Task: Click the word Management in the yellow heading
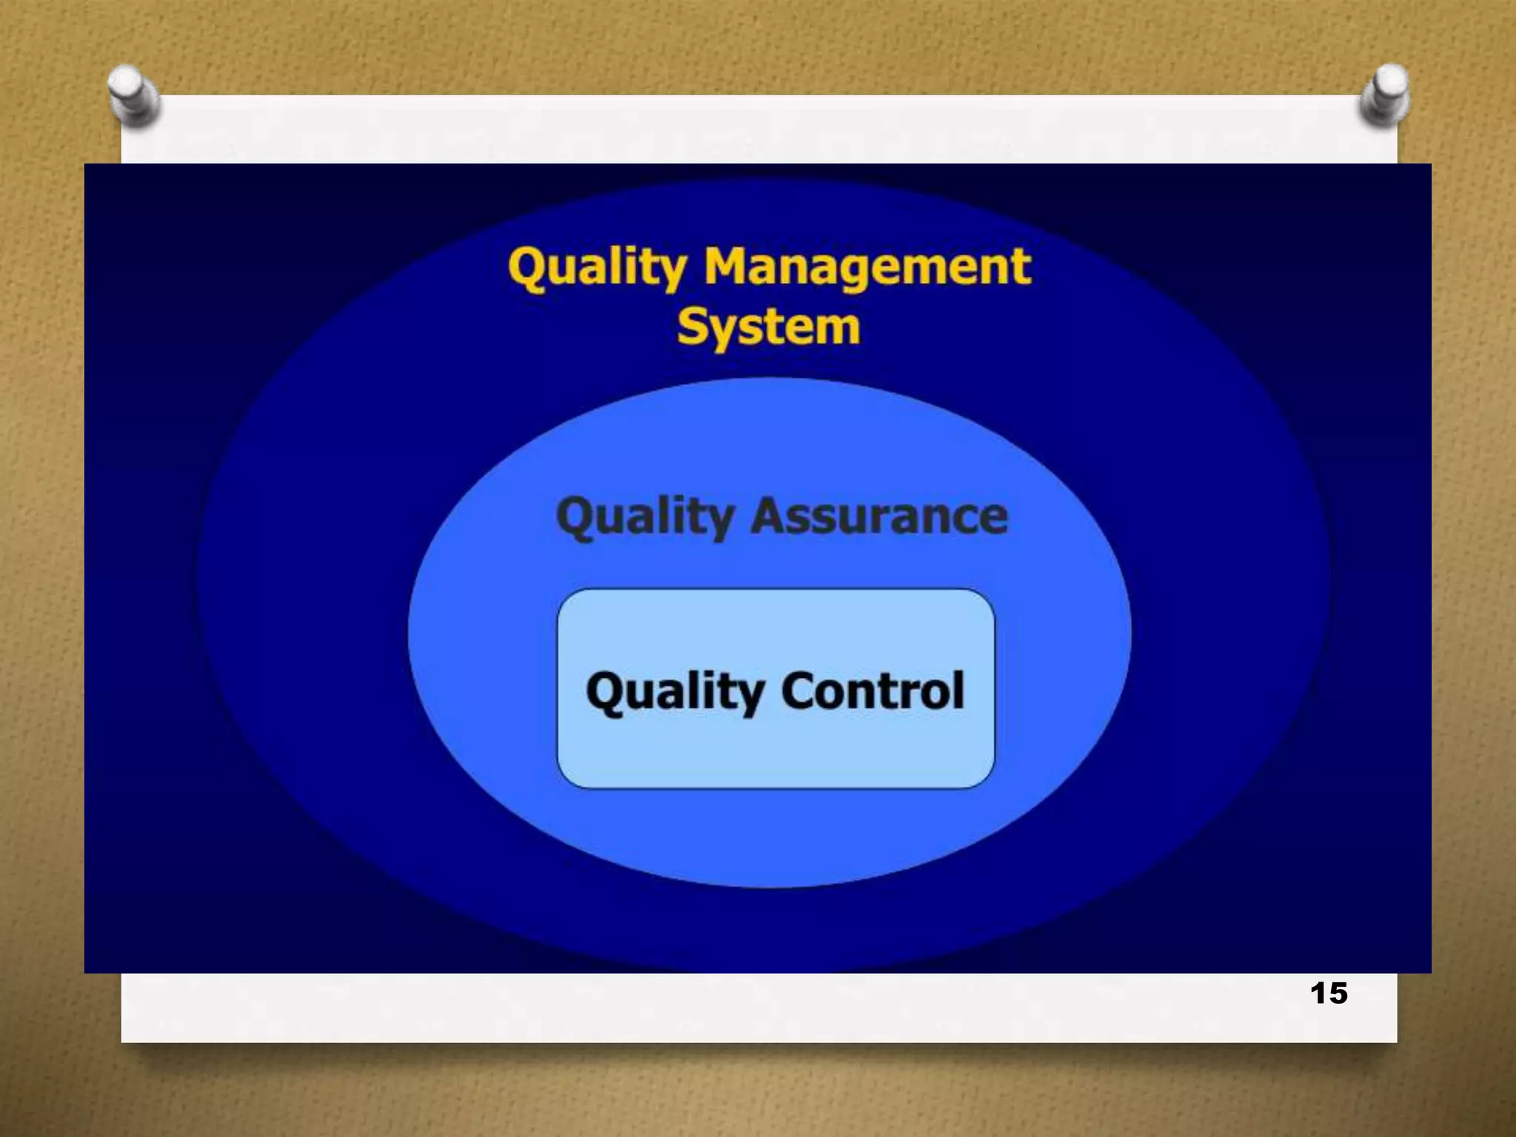(867, 268)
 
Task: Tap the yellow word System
(768, 328)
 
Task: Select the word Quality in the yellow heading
(597, 268)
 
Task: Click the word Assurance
(879, 516)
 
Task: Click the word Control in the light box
(873, 691)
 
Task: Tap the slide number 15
(1329, 993)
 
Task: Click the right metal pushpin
(1384, 95)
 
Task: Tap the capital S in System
(691, 326)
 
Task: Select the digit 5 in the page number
(1338, 993)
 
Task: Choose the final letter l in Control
(959, 689)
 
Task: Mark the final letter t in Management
(1022, 268)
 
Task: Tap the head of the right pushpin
(1390, 81)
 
